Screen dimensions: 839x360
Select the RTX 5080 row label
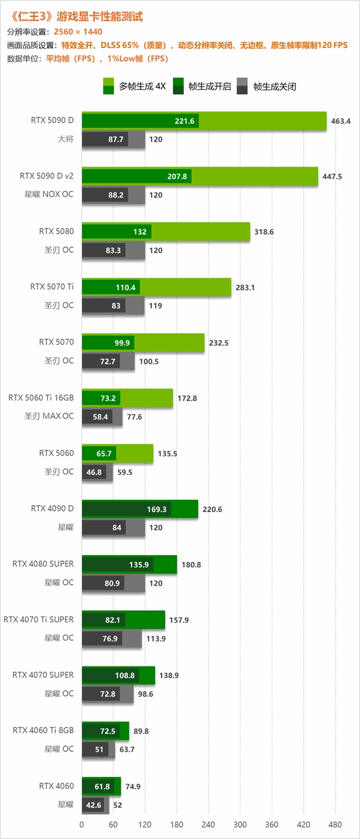coord(56,231)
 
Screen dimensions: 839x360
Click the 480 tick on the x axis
coord(334,824)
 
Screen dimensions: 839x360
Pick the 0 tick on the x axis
coord(82,824)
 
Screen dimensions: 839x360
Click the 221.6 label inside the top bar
coord(184,121)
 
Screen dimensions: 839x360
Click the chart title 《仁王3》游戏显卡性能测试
coord(76,17)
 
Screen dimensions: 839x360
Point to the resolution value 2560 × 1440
coord(79,31)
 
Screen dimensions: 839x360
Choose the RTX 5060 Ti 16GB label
coord(41,398)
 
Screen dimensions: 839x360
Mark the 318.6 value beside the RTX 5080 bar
coord(264,232)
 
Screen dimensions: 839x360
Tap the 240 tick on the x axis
coord(208,824)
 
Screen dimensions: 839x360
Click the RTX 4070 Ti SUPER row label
coord(39,619)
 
